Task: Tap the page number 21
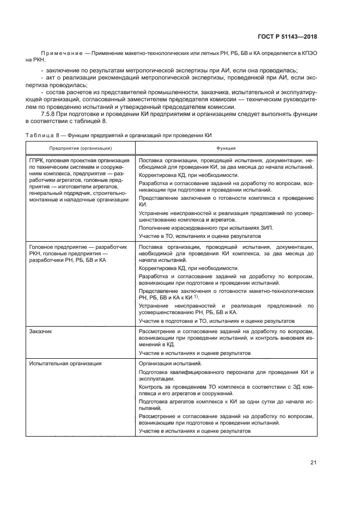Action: [x=313, y=463]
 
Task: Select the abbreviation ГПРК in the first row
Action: [x=38, y=161]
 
